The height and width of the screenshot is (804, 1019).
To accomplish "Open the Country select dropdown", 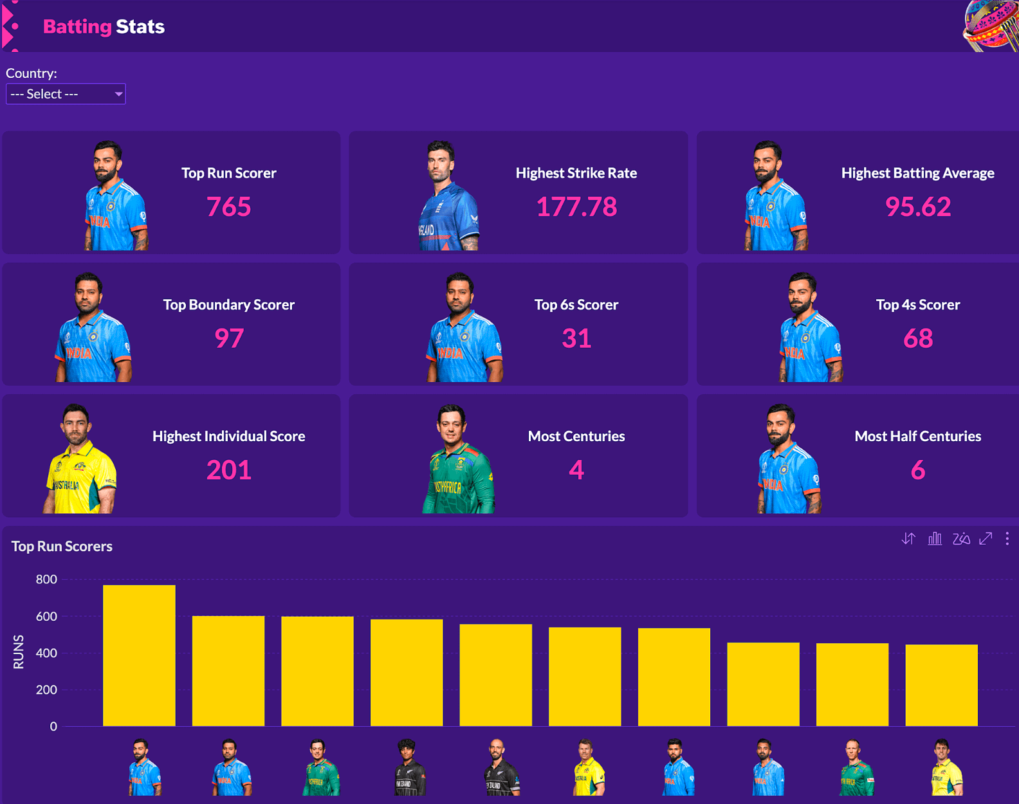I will [66, 94].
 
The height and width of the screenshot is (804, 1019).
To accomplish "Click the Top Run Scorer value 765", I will [228, 207].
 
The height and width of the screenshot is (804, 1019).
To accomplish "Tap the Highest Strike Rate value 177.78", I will [576, 207].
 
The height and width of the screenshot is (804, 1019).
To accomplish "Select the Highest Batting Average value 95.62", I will [917, 207].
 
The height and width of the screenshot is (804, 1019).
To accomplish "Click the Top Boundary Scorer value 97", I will [228, 338].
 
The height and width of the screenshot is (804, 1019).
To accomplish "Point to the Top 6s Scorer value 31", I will [576, 338].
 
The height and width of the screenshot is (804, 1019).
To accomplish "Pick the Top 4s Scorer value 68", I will [917, 338].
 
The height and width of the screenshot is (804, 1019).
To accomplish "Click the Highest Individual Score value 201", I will [228, 470].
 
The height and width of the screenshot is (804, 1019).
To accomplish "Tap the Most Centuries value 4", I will [576, 470].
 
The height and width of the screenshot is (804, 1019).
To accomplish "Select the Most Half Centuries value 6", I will [917, 470].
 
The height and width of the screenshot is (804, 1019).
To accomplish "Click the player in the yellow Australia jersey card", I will [78, 460].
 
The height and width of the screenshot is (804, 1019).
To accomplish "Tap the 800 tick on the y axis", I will [46, 580].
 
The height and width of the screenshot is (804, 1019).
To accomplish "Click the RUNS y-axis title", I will [19, 652].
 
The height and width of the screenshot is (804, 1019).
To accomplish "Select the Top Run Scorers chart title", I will [62, 546].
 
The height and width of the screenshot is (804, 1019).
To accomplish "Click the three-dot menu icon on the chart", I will [1007, 539].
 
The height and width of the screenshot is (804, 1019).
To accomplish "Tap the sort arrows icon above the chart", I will [908, 539].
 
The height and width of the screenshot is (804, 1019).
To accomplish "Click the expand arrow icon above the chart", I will [986, 539].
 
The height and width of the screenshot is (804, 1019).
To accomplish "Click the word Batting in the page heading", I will [77, 26].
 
